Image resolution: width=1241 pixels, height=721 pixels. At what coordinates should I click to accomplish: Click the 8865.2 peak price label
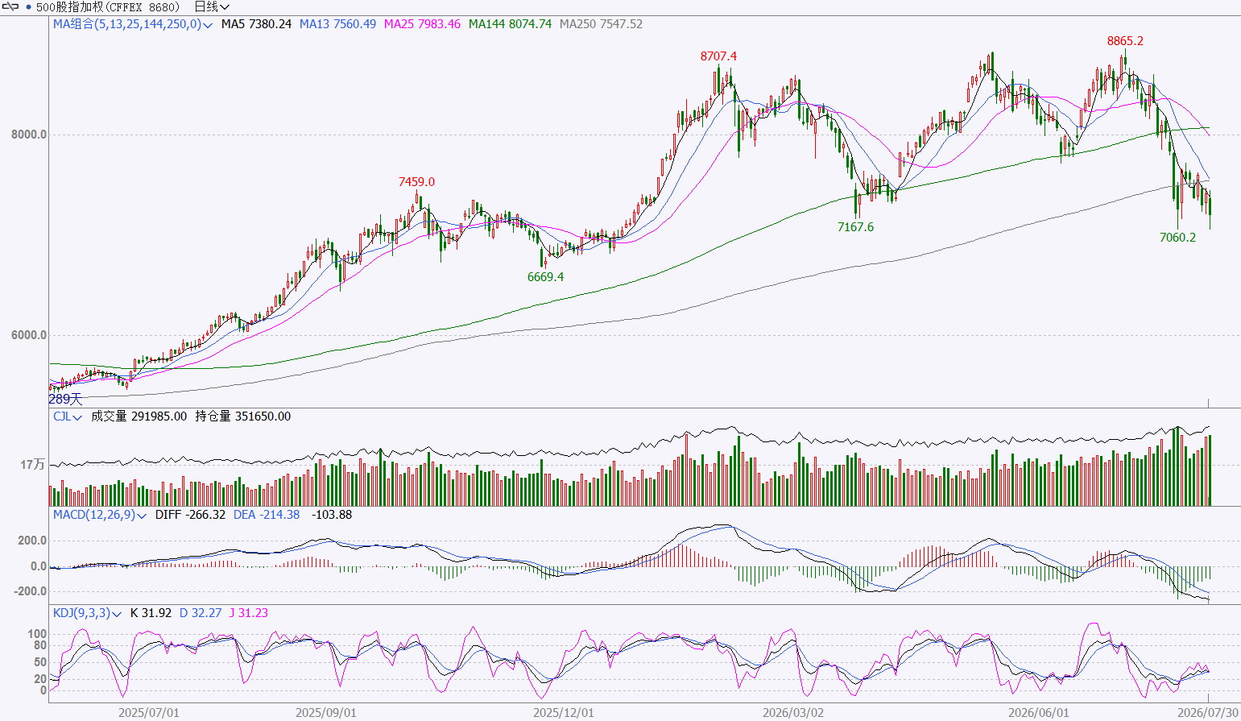coord(1125,41)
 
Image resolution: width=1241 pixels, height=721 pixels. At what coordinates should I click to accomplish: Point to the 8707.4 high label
coord(718,56)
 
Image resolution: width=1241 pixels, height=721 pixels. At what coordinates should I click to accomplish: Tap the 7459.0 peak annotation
coord(416,182)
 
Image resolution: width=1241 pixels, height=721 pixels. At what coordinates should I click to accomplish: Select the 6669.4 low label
coord(545,277)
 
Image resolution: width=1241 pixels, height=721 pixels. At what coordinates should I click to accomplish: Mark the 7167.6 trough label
coord(855,227)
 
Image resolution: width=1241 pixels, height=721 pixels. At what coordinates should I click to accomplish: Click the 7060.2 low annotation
coord(1178,238)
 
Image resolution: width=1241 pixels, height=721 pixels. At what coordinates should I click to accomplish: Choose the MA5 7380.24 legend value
coord(256,24)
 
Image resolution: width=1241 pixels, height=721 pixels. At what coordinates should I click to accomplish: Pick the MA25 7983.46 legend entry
coord(422,24)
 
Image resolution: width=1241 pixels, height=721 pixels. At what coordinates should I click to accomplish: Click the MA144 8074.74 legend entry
coord(511,24)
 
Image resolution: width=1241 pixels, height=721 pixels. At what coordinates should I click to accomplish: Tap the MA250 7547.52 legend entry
coord(601,24)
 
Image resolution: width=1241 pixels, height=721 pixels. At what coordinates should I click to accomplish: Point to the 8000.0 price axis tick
coord(29,135)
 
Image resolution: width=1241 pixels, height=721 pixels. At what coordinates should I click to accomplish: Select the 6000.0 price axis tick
coord(29,335)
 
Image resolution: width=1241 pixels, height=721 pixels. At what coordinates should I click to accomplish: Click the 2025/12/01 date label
coord(564,713)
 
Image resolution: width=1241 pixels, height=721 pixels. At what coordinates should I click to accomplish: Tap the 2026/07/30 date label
coord(1208,713)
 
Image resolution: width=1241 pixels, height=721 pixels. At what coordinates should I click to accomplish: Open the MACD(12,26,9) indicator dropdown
coord(141,516)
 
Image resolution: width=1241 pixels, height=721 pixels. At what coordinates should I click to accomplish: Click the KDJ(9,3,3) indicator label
coord(81,613)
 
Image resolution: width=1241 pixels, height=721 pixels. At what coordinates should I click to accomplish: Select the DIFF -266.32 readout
coord(190,515)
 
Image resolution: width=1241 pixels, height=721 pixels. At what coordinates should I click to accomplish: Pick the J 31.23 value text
coord(249,613)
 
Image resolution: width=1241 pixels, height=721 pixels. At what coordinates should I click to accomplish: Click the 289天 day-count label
coord(65,399)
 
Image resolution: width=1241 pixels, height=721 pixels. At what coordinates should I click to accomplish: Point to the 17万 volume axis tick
coord(32,465)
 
